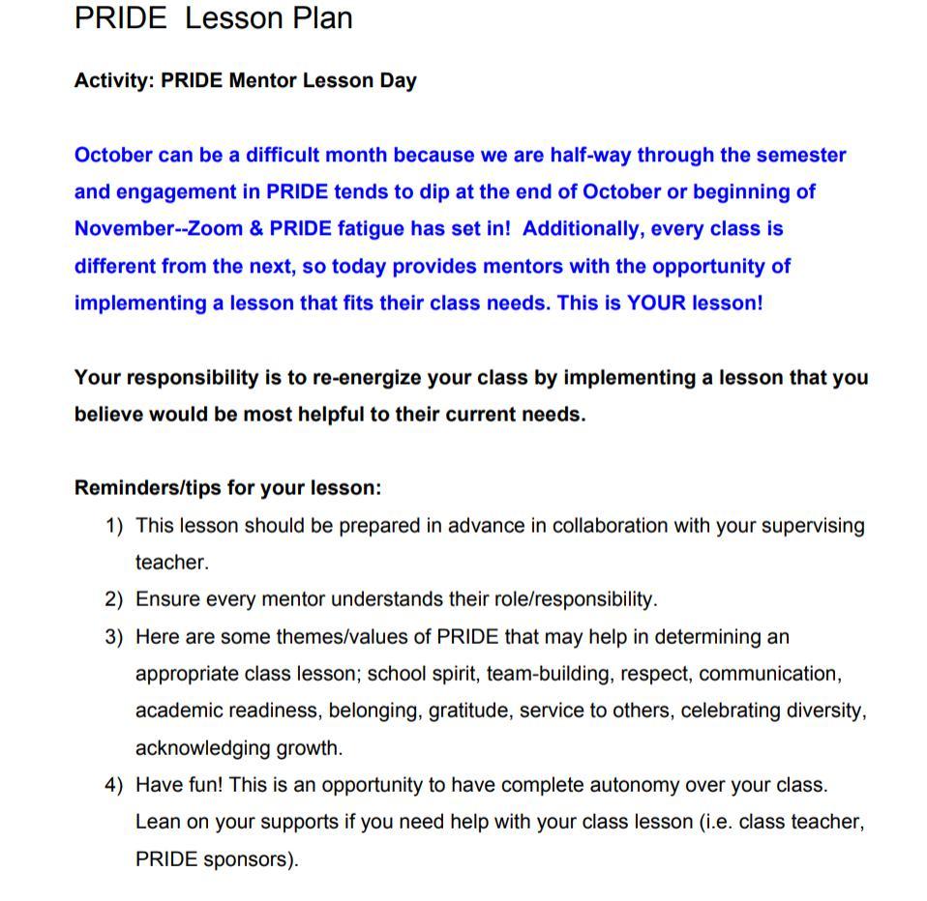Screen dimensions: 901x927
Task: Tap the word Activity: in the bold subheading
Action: (x=114, y=80)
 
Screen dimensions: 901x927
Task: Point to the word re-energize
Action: (x=367, y=377)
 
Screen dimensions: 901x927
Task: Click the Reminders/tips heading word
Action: (x=148, y=487)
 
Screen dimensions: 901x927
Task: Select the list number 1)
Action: (x=114, y=526)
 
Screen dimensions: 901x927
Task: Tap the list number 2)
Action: (x=114, y=599)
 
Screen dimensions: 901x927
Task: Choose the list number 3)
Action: (x=114, y=637)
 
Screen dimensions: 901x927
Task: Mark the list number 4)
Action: (x=114, y=785)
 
